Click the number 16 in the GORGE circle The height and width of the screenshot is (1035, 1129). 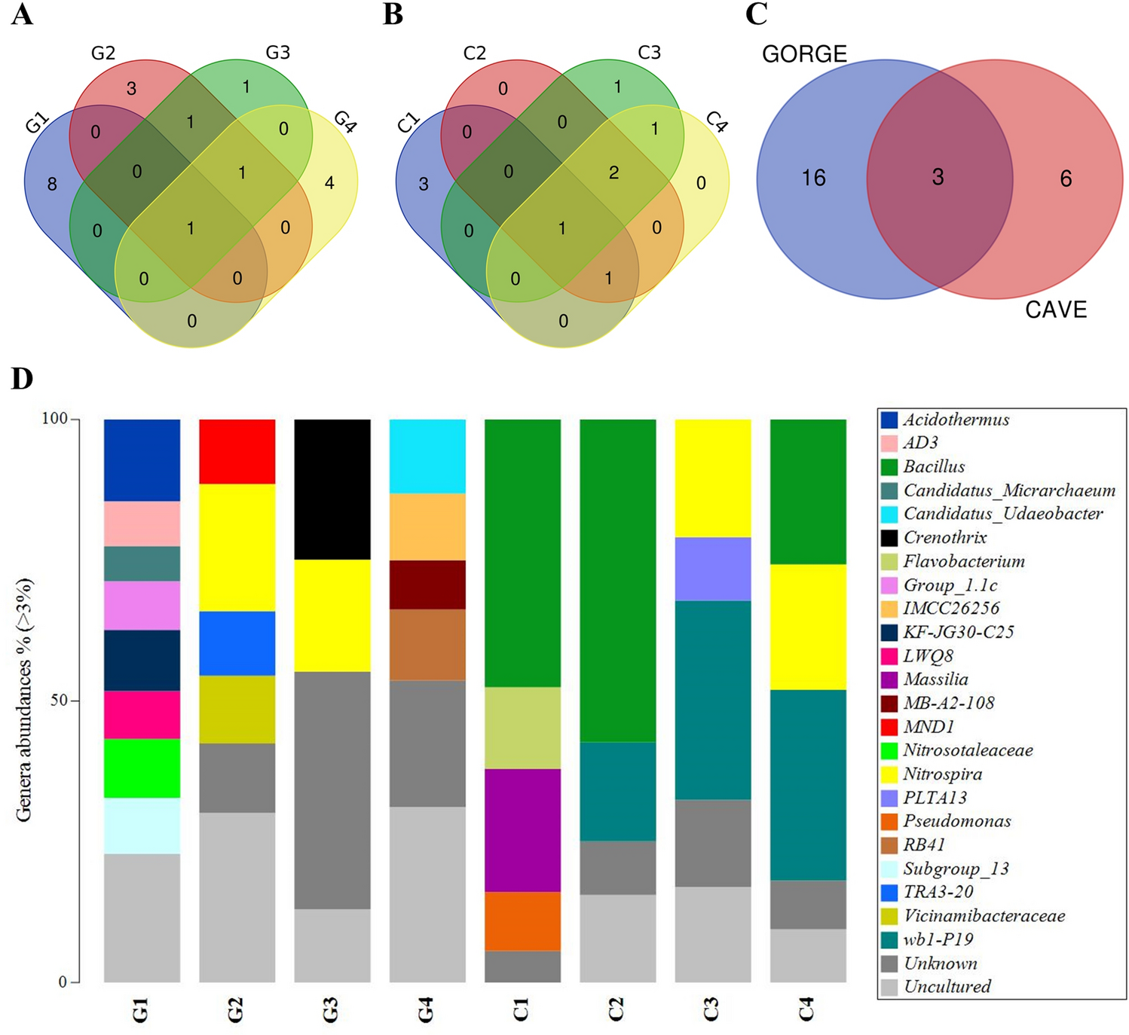pyautogui.click(x=814, y=178)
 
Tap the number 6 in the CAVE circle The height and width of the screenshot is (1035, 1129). pyautogui.click(x=1066, y=179)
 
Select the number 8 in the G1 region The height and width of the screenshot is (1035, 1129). pyautogui.click(x=52, y=184)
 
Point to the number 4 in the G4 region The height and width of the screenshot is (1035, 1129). pyautogui.click(x=329, y=182)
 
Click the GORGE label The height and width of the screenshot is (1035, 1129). pyautogui.click(x=804, y=54)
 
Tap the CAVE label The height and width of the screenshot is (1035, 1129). pyautogui.click(x=1055, y=310)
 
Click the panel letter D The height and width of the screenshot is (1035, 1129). pyautogui.click(x=22, y=378)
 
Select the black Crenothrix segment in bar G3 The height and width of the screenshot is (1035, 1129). pyautogui.click(x=332, y=489)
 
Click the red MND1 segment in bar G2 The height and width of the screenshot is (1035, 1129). pyautogui.click(x=237, y=451)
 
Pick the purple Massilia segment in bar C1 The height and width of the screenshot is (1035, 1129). pyautogui.click(x=522, y=829)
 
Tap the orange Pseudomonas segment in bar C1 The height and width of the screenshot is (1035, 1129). pyautogui.click(x=522, y=921)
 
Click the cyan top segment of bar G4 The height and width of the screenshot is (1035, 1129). pyautogui.click(x=427, y=456)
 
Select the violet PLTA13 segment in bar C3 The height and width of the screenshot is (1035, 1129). pyautogui.click(x=712, y=568)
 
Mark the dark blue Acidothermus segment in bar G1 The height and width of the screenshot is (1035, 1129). pyautogui.click(x=142, y=459)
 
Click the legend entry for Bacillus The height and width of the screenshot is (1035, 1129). pyautogui.click(x=934, y=467)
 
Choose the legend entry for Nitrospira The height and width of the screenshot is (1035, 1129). pyautogui.click(x=942, y=774)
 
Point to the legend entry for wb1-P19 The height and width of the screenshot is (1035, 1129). pyautogui.click(x=938, y=939)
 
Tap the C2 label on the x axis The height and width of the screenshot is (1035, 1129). pyautogui.click(x=617, y=1009)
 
